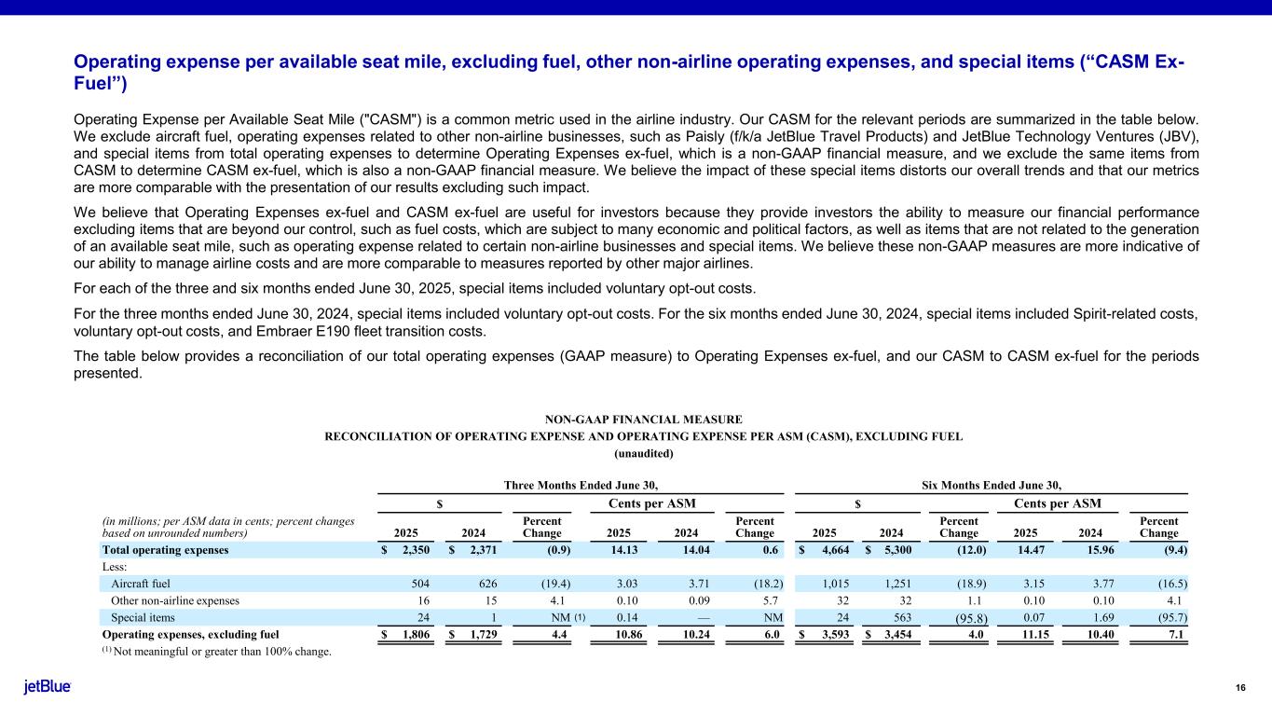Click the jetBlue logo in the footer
coord(48,688)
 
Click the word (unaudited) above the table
coord(642,453)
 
